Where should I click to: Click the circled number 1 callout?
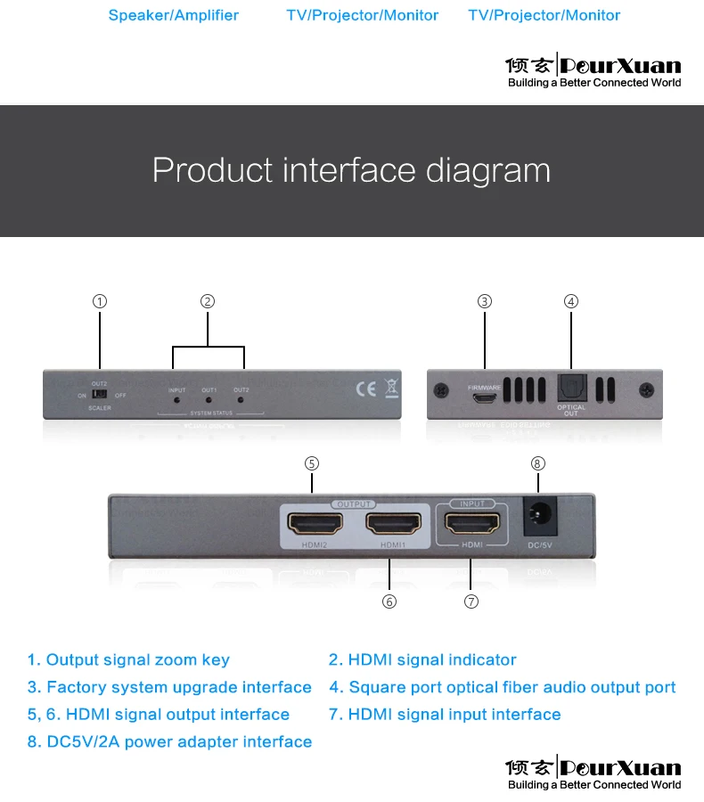(x=100, y=301)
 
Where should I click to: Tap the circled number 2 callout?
(x=208, y=301)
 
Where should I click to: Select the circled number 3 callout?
(x=485, y=301)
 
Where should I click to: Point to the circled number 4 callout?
(x=571, y=301)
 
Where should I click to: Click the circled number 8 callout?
(x=537, y=463)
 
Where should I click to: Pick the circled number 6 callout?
(x=389, y=601)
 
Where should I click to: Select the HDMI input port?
(x=471, y=523)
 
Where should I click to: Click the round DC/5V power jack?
(x=537, y=516)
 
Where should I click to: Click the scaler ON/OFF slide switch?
(x=101, y=394)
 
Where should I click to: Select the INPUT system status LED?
(x=176, y=400)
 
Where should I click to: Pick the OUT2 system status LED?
(x=241, y=400)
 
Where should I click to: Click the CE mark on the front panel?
(x=365, y=389)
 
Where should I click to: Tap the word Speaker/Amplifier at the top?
(x=174, y=15)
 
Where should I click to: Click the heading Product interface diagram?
(x=351, y=169)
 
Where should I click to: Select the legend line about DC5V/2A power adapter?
(x=169, y=741)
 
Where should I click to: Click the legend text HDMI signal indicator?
(x=422, y=660)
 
